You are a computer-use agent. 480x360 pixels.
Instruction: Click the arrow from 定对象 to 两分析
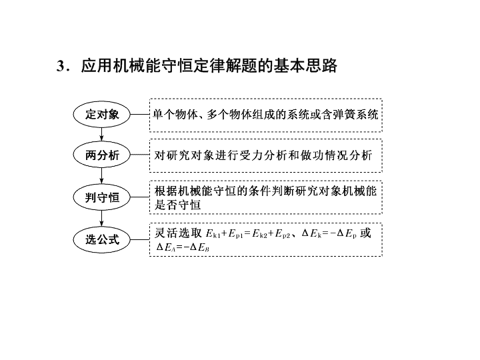tap(101, 135)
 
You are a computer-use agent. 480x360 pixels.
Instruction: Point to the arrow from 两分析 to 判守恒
tap(101, 176)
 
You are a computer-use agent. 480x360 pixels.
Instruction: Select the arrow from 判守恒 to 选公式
tap(101, 218)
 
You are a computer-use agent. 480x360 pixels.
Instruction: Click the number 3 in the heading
tap(60, 66)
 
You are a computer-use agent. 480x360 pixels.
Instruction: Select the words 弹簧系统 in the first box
tap(356, 115)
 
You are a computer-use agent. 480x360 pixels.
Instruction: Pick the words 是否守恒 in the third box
tap(177, 205)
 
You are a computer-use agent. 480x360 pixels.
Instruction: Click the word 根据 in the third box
tap(165, 191)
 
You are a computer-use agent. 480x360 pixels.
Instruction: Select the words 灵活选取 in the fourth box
tap(178, 233)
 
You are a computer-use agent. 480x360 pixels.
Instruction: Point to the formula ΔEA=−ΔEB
tap(183, 247)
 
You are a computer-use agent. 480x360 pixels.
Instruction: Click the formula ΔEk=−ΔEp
tap(329, 233)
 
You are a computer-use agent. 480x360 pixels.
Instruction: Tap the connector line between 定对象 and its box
tap(140, 115)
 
